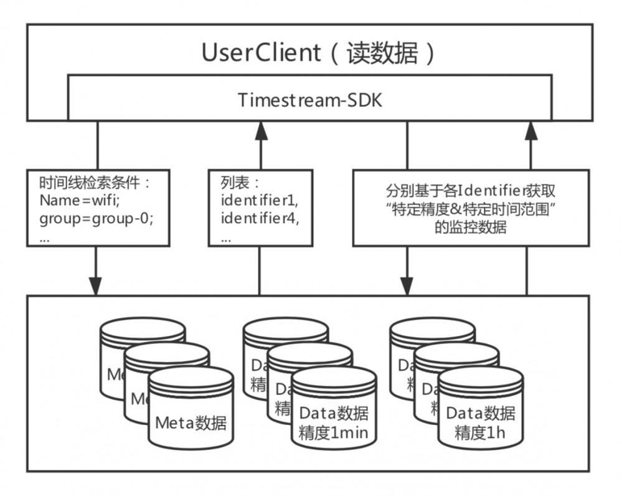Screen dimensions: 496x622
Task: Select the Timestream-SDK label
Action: pos(309,100)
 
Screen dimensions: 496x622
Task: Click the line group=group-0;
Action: pos(96,219)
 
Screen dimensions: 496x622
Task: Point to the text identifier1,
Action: pos(256,201)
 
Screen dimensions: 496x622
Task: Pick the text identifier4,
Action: pos(256,219)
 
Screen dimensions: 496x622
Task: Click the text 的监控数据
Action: pos(471,227)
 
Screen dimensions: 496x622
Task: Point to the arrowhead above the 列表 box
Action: pos(260,130)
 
